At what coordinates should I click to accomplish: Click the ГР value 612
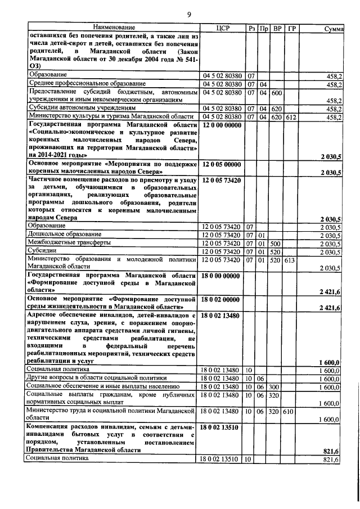(291, 116)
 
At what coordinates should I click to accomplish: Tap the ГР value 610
(291, 412)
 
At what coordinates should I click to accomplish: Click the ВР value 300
(276, 387)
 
